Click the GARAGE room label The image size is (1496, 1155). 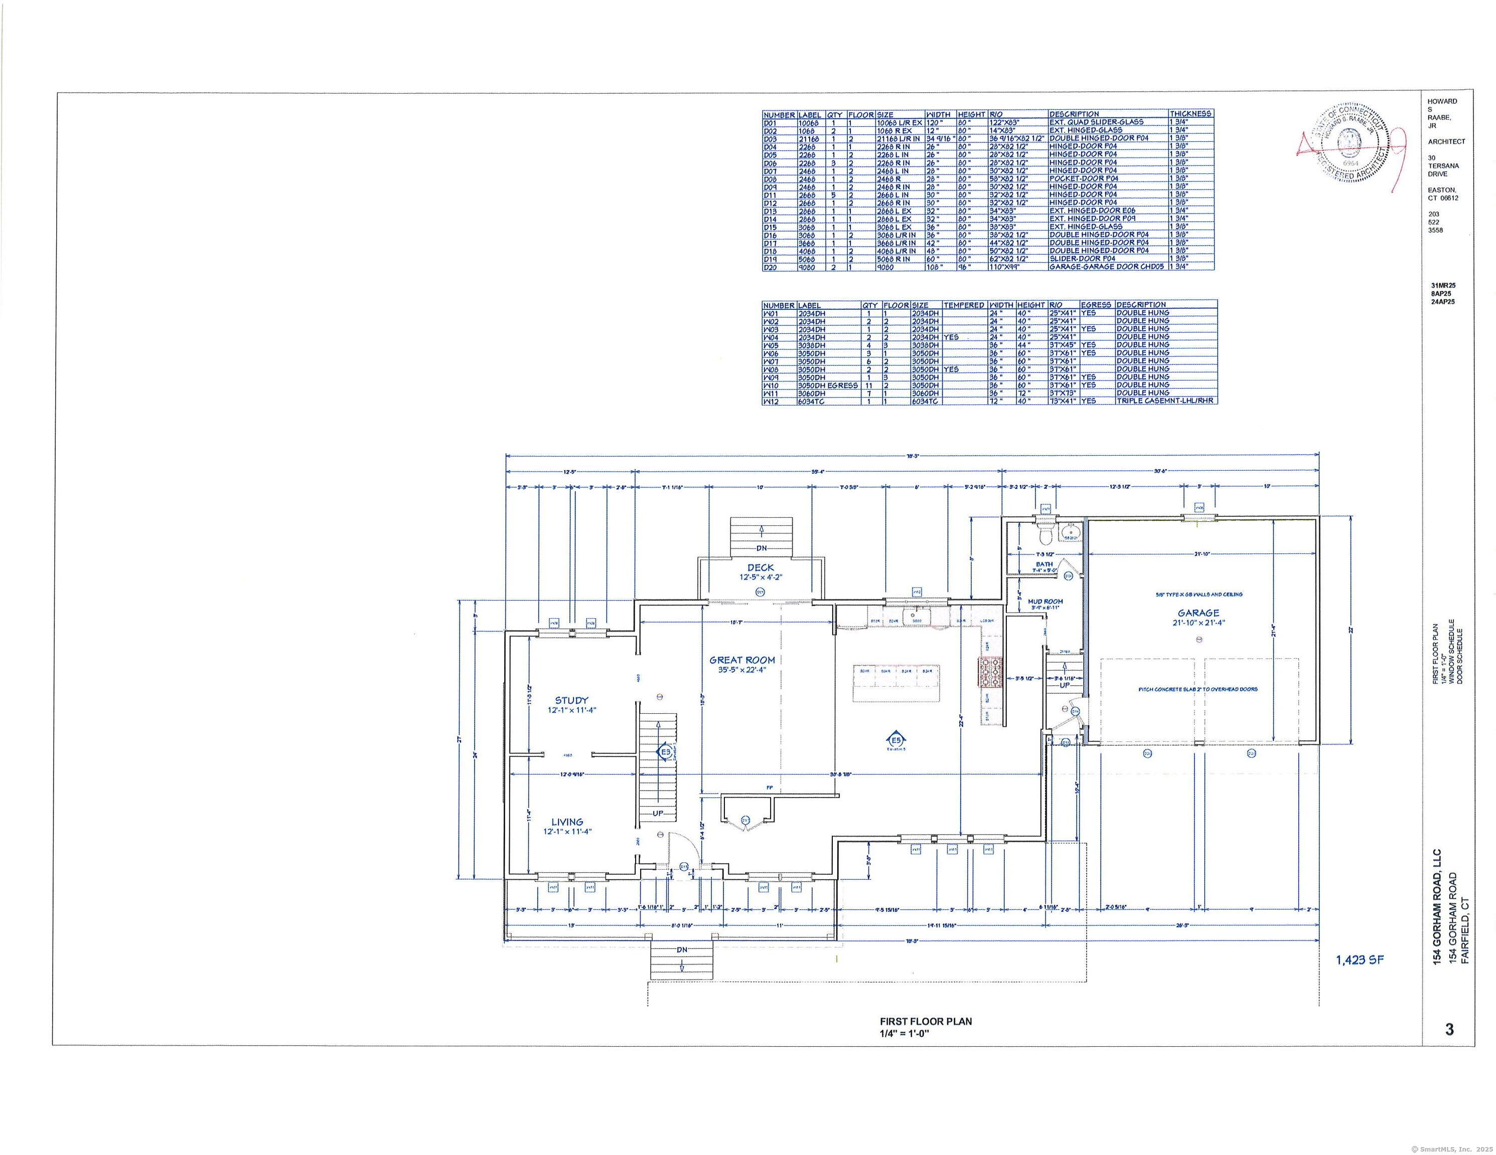pyautogui.click(x=1198, y=613)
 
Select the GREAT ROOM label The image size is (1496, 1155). pyautogui.click(x=742, y=660)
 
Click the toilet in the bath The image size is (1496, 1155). pyautogui.click(x=1044, y=531)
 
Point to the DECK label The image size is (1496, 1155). pyautogui.click(x=761, y=567)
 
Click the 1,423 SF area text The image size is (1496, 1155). pyautogui.click(x=1360, y=960)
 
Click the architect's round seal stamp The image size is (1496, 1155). pyautogui.click(x=1348, y=144)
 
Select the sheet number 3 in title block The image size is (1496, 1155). pyautogui.click(x=1449, y=1029)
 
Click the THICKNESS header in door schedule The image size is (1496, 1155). pyautogui.click(x=1190, y=114)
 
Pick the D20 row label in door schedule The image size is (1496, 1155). pyautogui.click(x=771, y=267)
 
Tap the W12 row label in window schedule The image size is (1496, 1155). pyautogui.click(x=771, y=401)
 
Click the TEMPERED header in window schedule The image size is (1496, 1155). pyautogui.click(x=964, y=305)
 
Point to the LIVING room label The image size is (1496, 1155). pyautogui.click(x=567, y=822)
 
